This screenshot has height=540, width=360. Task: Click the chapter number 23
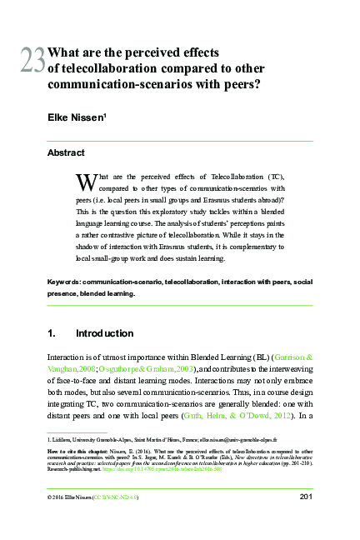pos(33,60)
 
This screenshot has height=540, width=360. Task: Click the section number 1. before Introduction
pos(53,333)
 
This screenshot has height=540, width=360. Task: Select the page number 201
pos(304,497)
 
